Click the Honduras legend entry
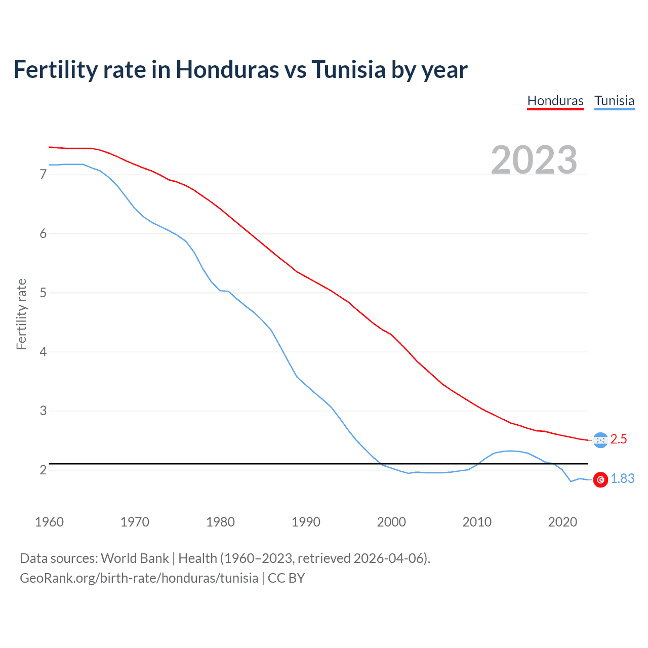coord(555,101)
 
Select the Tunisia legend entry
coord(614,101)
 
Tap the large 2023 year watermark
coord(534,160)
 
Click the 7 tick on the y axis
coord(43,175)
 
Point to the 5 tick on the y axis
coord(43,293)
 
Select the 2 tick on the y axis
coord(43,470)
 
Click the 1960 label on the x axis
coord(49,522)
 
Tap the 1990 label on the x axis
coord(306,522)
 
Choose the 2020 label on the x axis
coord(562,522)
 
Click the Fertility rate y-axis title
coord(21,314)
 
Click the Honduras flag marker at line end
coord(600,440)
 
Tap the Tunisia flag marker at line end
coord(600,479)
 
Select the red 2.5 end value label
coord(619,439)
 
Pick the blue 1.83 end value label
coord(623,479)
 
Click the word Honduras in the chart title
coord(227,69)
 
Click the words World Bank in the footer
coord(135,558)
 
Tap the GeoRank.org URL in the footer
coord(139,578)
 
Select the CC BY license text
coord(286,578)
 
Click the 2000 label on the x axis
coord(391,522)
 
